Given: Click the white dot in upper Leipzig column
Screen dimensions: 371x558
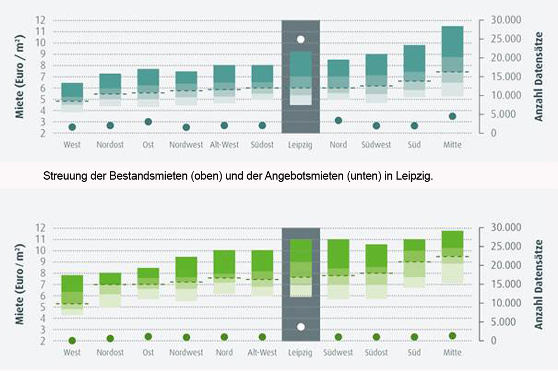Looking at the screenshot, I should tap(301, 40).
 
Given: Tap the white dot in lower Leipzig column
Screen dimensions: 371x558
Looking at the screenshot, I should tap(301, 327).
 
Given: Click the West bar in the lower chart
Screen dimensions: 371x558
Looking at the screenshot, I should tap(73, 295).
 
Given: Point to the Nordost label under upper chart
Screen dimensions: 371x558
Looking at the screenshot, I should tap(110, 144).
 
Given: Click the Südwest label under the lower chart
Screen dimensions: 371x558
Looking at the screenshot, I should tap(338, 353).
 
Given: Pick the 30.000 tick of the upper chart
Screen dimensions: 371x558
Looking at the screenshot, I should tap(505, 21).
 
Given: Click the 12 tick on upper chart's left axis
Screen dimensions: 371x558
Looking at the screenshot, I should tap(40, 20).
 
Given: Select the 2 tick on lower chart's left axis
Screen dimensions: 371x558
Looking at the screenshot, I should tap(41, 340).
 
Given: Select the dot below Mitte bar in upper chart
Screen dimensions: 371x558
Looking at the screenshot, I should tap(453, 117).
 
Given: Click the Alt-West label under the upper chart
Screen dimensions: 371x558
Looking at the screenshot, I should tap(224, 144).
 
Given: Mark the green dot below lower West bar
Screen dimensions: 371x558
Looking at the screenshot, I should tap(73, 340).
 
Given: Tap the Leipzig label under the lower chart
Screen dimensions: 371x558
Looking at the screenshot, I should tap(301, 353).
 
